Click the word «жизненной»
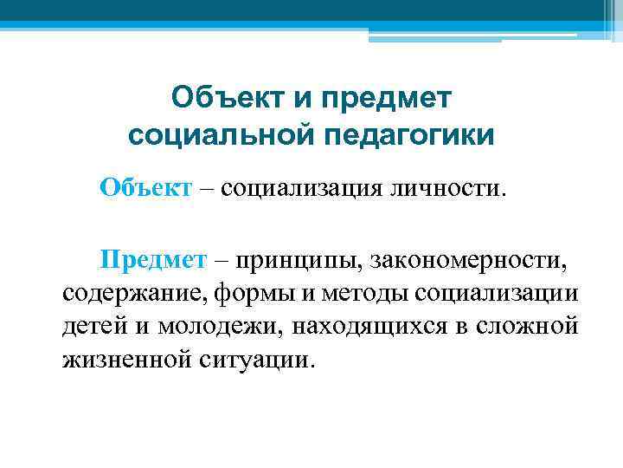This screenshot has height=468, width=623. (x=117, y=359)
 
